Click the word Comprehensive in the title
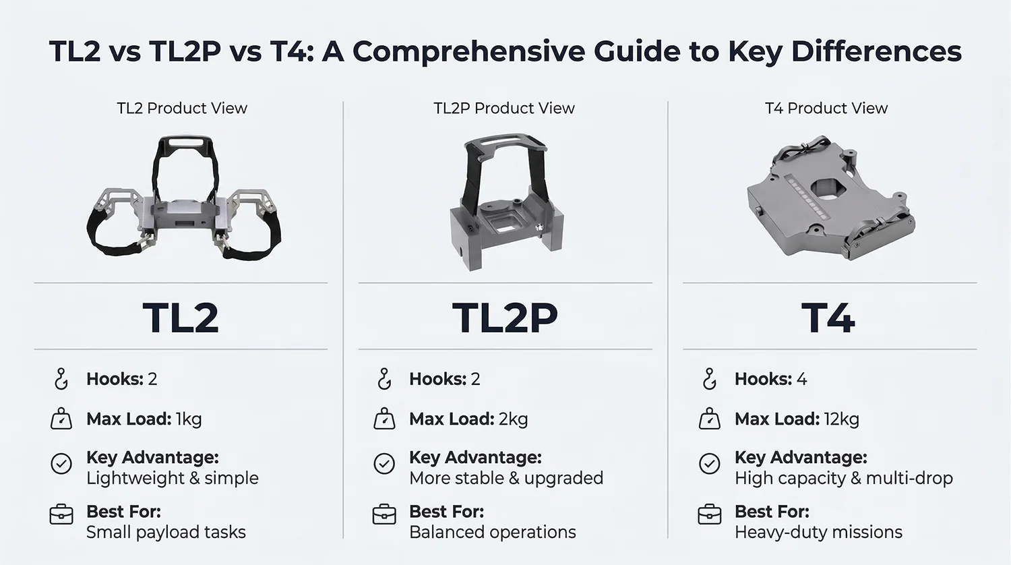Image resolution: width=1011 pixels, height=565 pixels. pos(468,52)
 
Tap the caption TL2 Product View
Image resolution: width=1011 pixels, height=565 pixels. pos(182,108)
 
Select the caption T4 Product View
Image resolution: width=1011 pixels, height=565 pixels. pos(826,108)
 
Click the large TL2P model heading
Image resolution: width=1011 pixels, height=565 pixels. pos(505,318)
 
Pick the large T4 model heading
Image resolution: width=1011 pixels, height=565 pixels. pos(828,318)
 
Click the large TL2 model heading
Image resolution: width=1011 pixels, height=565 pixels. pos(181,318)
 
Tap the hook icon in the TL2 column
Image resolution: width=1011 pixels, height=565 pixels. pos(61,379)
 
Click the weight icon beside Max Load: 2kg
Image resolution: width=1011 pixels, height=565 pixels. pos(384,419)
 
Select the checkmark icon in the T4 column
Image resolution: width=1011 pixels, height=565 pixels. pos(709,464)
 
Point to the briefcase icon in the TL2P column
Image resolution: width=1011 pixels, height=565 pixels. pos(384,514)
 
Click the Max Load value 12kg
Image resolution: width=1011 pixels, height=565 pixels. pos(841,419)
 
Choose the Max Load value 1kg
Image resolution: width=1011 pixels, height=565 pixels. pos(189,419)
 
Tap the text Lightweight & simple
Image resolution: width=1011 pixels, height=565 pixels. pos(173,478)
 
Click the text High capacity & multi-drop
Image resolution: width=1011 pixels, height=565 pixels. pos(844,478)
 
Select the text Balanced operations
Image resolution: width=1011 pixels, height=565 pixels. pos(493,532)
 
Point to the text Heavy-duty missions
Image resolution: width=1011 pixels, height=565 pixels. pos(818,532)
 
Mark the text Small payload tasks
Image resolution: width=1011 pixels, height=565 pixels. pos(166,532)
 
